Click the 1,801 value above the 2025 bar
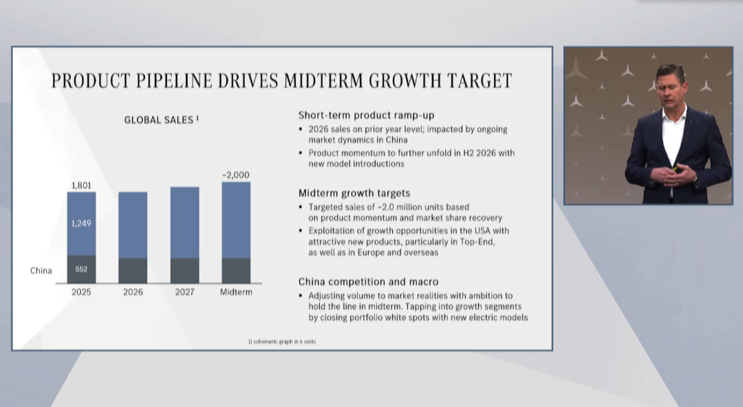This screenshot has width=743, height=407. click(81, 185)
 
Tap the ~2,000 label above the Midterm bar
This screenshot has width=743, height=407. click(235, 175)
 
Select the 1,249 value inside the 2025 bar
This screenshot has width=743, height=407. click(81, 223)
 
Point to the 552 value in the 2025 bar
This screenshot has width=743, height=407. click(81, 269)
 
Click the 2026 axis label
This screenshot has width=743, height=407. click(133, 292)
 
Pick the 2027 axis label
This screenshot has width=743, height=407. click(184, 292)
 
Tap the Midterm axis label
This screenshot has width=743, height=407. click(236, 292)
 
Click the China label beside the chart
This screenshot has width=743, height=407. click(41, 271)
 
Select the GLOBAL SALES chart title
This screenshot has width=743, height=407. click(162, 120)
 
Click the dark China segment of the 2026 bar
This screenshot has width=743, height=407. click(133, 271)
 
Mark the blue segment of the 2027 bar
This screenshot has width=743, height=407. click(185, 223)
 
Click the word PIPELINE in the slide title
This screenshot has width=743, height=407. click(174, 80)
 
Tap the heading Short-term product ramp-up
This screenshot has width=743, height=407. click(366, 115)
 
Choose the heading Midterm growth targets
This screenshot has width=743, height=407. click(354, 192)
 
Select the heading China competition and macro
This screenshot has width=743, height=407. click(368, 282)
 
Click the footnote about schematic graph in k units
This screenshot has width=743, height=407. click(282, 341)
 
